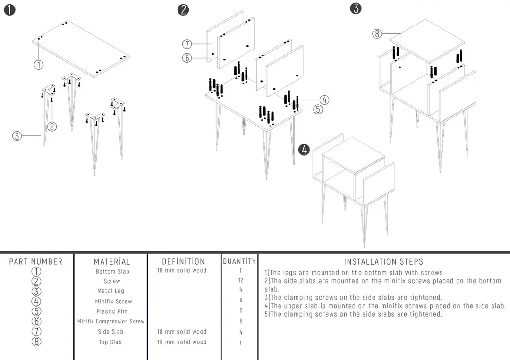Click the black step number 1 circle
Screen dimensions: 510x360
(x=10, y=10)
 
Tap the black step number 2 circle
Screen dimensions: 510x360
(x=183, y=10)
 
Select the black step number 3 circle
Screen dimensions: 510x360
(x=356, y=8)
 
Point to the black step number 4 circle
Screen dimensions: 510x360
(x=304, y=150)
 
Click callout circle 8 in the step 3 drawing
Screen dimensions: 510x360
(x=377, y=33)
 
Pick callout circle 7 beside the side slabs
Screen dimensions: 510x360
(x=187, y=44)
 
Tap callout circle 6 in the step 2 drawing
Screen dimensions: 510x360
(x=187, y=58)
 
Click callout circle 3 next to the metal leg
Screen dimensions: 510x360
(x=17, y=136)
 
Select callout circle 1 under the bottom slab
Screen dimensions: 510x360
(x=39, y=65)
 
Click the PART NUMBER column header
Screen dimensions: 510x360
(x=36, y=261)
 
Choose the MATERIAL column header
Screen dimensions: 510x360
(x=112, y=261)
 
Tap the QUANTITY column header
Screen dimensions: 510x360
(x=239, y=261)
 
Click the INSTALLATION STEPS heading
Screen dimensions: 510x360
(x=383, y=261)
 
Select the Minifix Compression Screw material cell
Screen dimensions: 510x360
(x=111, y=321)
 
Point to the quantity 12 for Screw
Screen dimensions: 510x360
(x=241, y=280)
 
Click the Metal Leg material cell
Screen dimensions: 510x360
(x=110, y=291)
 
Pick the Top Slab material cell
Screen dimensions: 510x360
(x=110, y=342)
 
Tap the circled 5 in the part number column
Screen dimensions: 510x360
(x=36, y=311)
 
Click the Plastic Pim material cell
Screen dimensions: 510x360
(x=112, y=311)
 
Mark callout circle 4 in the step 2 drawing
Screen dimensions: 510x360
(x=324, y=100)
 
